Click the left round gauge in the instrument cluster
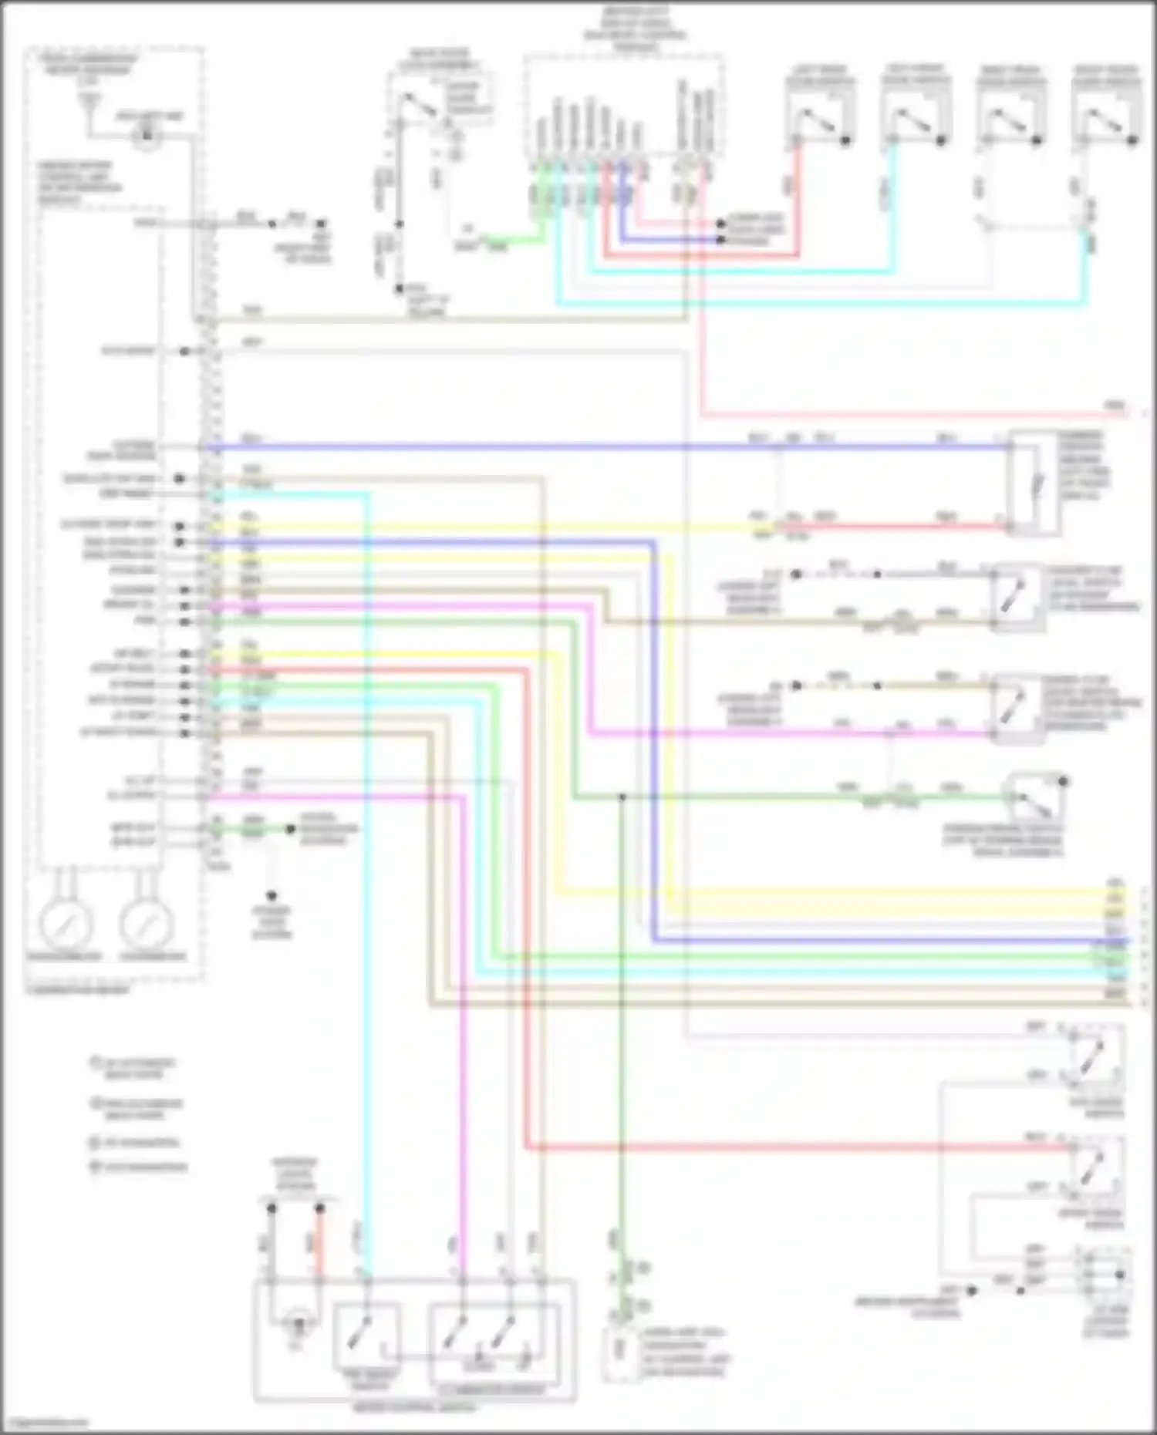point(66,923)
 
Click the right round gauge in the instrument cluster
point(146,923)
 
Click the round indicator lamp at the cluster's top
point(146,136)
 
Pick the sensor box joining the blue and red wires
point(1034,483)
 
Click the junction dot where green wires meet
point(621,797)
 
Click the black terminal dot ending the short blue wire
point(720,240)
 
